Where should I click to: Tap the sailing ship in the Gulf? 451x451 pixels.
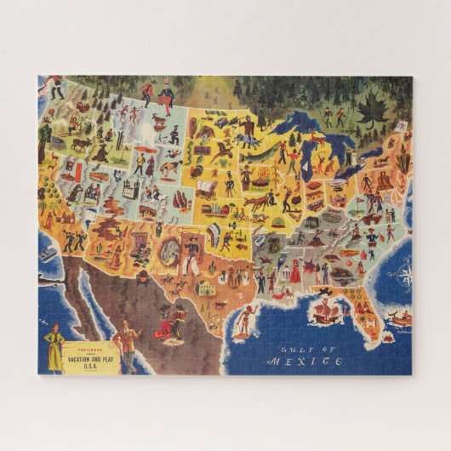327,311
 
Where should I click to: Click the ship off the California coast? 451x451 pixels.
49,254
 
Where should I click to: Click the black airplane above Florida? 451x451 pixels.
324,292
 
